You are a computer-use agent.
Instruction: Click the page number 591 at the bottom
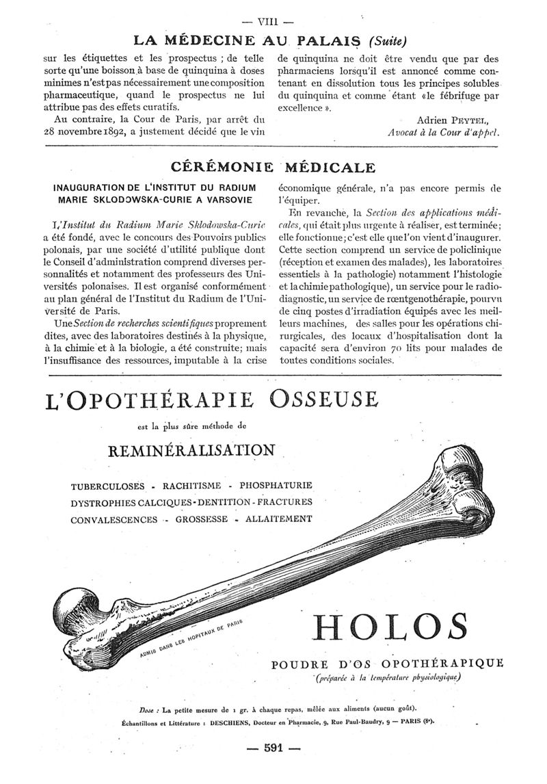(x=273, y=748)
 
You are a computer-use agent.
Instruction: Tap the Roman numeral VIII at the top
(x=273, y=10)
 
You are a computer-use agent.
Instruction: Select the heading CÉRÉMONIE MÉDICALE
(x=273, y=167)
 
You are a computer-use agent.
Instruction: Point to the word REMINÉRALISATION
(x=191, y=450)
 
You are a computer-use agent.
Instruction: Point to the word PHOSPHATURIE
(x=274, y=486)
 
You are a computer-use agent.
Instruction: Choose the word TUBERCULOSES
(x=108, y=486)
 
